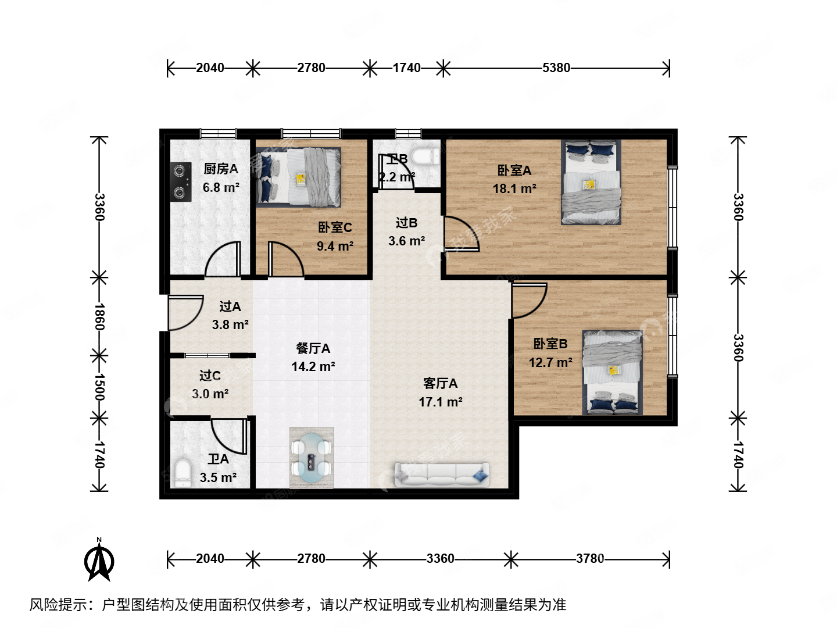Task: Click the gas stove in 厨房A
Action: [x=181, y=181]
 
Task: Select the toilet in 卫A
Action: [x=183, y=473]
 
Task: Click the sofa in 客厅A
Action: [x=442, y=474]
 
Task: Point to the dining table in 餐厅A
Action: [x=312, y=458]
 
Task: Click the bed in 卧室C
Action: [x=299, y=177]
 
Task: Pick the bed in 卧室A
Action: [x=591, y=182]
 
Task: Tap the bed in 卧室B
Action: [x=613, y=372]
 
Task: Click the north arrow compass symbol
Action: [x=99, y=559]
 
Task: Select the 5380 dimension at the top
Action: [x=556, y=68]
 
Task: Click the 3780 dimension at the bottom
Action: [x=589, y=559]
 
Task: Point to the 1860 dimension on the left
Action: [x=99, y=316]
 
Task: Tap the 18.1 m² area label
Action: [x=514, y=189]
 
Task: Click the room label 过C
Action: [x=210, y=376]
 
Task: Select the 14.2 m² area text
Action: [x=313, y=367]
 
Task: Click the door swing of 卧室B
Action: [x=529, y=300]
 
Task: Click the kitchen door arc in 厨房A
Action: [x=223, y=259]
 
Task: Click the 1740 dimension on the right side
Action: [x=738, y=455]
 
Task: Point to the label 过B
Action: [x=406, y=223]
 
